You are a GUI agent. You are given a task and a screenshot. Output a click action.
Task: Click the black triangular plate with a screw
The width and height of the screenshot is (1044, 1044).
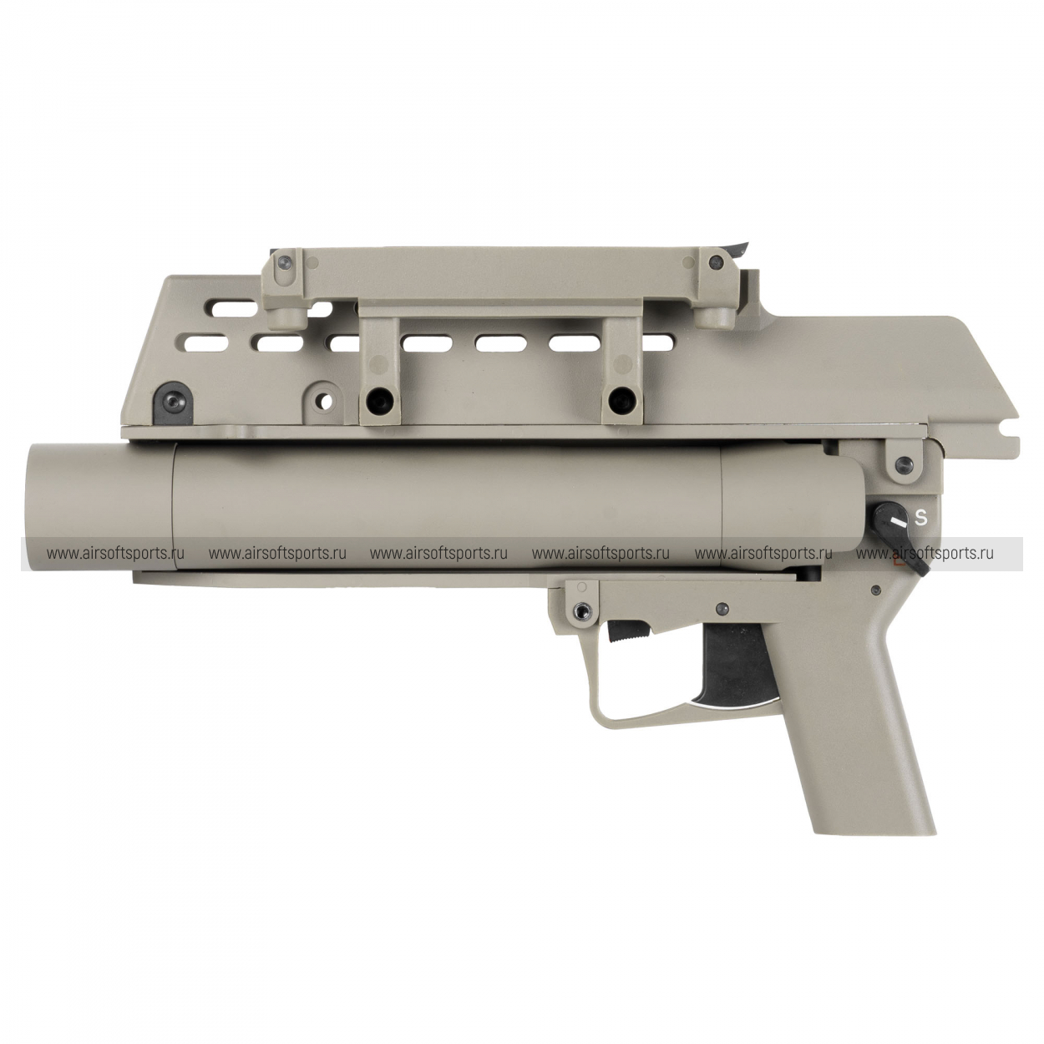click(174, 401)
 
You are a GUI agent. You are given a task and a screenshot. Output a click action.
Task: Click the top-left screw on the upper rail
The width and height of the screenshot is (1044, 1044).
click(286, 264)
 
